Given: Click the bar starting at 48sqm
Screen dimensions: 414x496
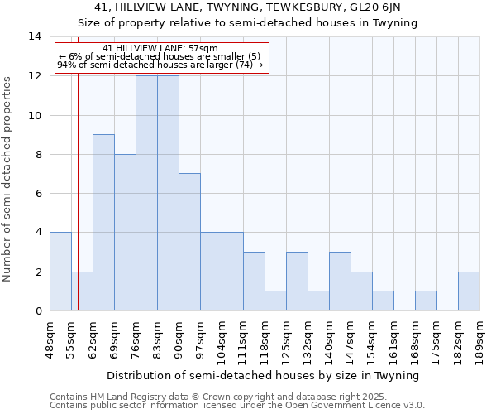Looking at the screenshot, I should click(60, 272).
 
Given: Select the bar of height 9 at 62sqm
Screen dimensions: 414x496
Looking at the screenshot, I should click(103, 223).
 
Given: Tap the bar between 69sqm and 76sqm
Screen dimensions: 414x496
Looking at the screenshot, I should click(125, 233).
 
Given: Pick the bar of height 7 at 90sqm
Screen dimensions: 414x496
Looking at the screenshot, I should click(189, 242).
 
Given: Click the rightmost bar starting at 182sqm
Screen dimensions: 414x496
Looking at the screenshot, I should click(469, 291).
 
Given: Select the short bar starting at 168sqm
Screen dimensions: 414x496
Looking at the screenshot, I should click(426, 301).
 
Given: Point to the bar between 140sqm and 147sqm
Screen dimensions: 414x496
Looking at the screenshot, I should click(340, 282).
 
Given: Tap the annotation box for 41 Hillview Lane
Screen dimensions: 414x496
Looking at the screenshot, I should click(161, 57).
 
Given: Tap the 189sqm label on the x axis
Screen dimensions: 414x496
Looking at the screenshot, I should click(479, 337).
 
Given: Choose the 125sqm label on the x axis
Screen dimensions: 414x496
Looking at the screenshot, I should click(286, 337).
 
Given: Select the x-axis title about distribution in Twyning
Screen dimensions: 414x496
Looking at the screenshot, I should click(264, 375).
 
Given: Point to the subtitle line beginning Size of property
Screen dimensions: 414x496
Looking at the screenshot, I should click(248, 22).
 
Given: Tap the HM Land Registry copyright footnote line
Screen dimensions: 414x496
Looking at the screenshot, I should click(212, 397).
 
